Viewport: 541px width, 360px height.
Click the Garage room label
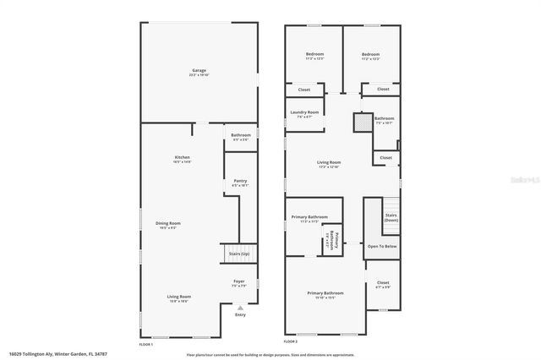[x=199, y=70]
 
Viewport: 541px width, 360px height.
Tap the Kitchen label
[x=182, y=157]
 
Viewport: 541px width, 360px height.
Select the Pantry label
[x=240, y=181]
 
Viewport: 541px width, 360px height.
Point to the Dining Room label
[x=168, y=223]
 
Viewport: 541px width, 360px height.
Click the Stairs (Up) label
[x=240, y=254]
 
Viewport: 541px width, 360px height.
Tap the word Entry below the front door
[x=240, y=315]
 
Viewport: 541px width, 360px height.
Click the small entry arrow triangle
[x=240, y=308]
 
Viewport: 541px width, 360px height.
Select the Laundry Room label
[x=304, y=112]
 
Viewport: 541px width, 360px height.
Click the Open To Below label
[x=382, y=247]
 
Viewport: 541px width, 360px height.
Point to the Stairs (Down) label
[x=391, y=217]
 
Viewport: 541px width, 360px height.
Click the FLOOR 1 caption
[x=147, y=346]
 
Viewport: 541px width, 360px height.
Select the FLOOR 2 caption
[x=292, y=341]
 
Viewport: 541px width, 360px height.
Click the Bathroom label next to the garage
[x=240, y=135]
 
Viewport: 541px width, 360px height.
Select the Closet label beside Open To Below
[x=383, y=282]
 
